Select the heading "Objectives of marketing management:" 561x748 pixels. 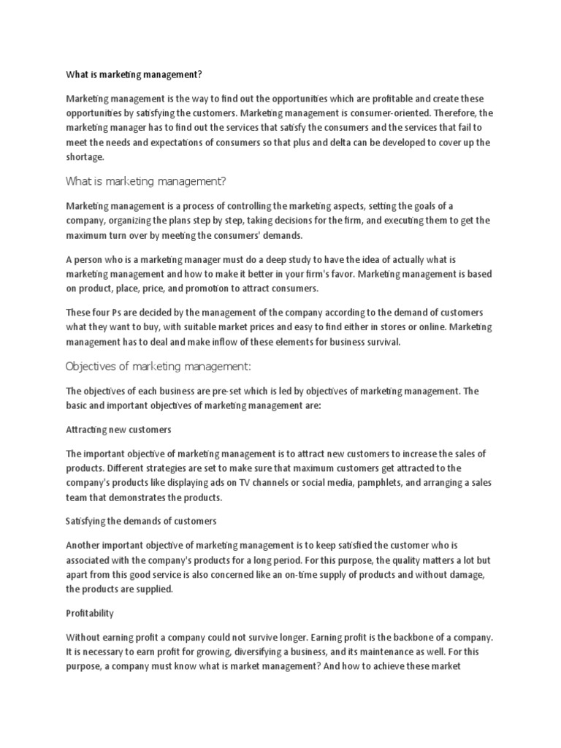click(158, 366)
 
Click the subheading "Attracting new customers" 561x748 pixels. click(118, 430)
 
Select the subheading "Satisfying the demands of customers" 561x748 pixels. click(141, 521)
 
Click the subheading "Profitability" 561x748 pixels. click(90, 613)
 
